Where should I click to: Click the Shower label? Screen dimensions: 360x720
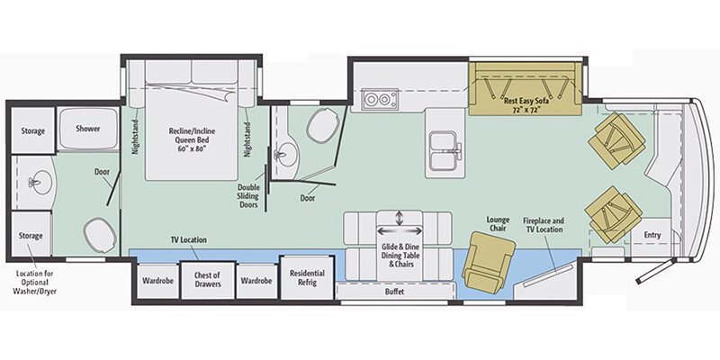[87, 129]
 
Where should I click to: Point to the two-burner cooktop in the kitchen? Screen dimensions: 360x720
[381, 99]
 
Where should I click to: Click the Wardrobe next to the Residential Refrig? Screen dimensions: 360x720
[256, 281]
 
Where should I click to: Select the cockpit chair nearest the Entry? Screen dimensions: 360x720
[614, 214]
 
